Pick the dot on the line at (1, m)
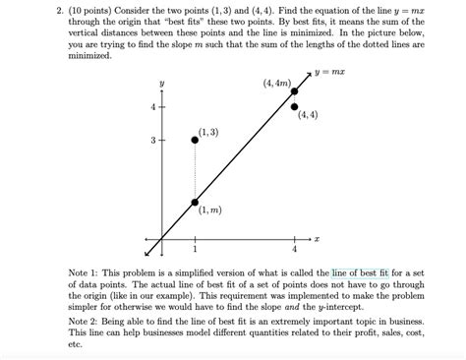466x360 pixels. [195, 202]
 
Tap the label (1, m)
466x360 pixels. [208, 210]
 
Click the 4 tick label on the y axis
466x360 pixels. [152, 106]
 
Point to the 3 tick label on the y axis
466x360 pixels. [152, 141]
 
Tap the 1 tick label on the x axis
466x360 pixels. [195, 249]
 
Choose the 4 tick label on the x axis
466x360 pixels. [295, 249]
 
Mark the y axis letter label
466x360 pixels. [162, 83]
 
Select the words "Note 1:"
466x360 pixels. [85, 272]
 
